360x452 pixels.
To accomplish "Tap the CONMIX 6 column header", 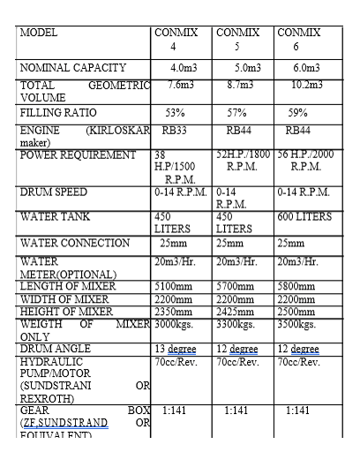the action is [x=299, y=39].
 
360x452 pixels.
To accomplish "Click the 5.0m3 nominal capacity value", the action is [x=240, y=68].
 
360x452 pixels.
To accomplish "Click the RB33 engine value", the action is [x=175, y=130].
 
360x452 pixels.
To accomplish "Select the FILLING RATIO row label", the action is [x=58, y=113].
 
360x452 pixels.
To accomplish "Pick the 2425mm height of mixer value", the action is [x=238, y=311].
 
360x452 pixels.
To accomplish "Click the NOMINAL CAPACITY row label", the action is [x=73, y=68].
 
